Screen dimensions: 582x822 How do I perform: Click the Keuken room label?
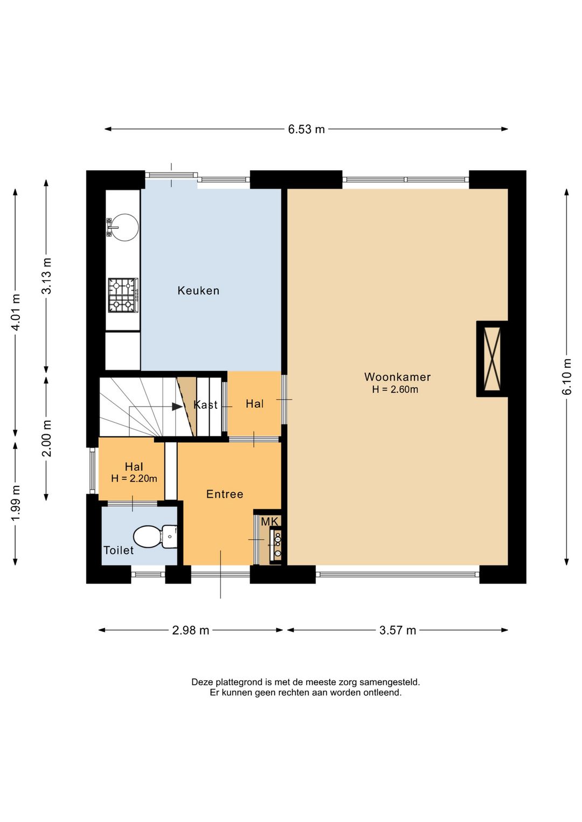[x=198, y=291]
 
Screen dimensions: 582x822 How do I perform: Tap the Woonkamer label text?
[x=397, y=377]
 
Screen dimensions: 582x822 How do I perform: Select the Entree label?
[x=225, y=494]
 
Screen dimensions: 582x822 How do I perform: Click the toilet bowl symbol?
[x=155, y=537]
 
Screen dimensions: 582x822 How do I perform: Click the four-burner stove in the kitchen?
[x=123, y=295]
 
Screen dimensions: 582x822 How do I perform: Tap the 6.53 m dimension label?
[x=306, y=129]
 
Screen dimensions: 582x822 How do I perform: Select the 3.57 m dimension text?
[x=398, y=630]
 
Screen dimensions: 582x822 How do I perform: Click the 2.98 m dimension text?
[x=191, y=630]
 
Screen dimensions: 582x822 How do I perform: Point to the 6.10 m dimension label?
[x=566, y=377]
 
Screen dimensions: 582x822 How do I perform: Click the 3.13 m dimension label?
[x=47, y=276]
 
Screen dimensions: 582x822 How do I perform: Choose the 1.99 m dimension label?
[x=16, y=503]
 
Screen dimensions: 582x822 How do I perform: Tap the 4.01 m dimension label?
[x=16, y=312]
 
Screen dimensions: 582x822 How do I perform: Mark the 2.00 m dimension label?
[x=47, y=438]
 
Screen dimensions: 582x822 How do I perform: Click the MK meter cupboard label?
[x=271, y=521]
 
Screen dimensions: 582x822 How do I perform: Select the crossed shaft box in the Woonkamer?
[x=492, y=359]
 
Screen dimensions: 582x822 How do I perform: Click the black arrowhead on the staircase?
[x=177, y=407]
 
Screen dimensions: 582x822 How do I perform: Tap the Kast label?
[x=206, y=405]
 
